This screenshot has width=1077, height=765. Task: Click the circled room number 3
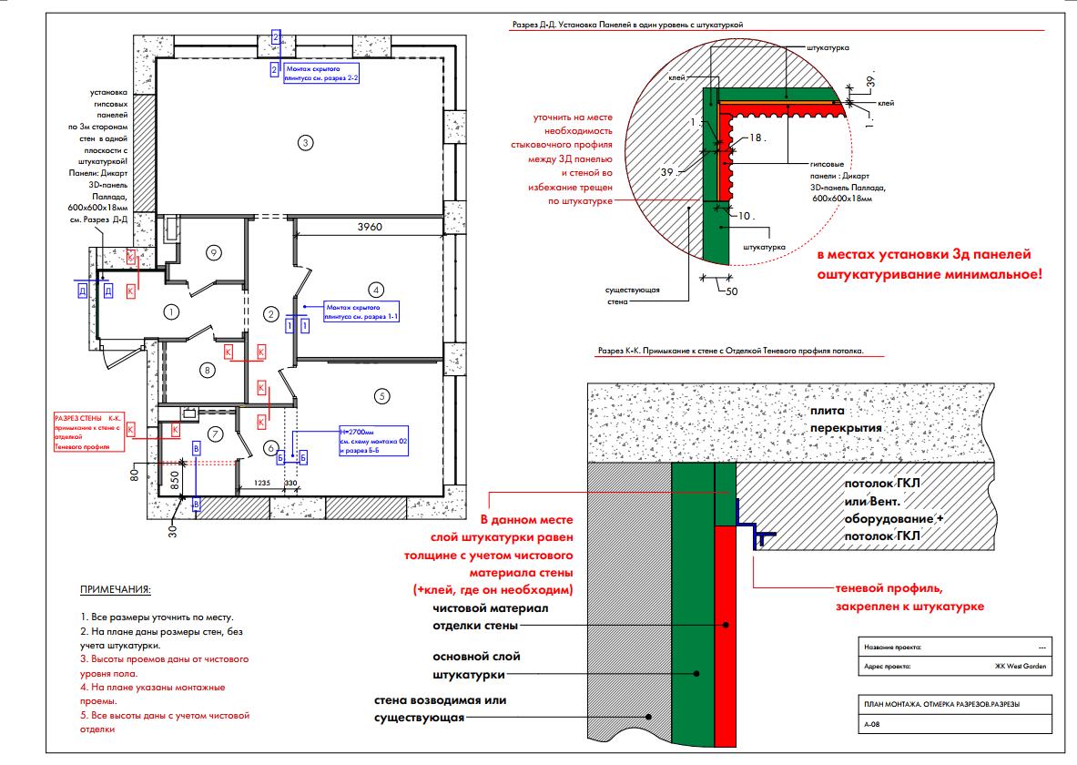(306, 142)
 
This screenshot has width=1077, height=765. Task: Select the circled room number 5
(381, 395)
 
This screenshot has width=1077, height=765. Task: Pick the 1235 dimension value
(261, 483)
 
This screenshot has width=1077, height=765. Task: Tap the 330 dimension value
(291, 483)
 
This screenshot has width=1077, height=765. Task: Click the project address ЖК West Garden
(1021, 667)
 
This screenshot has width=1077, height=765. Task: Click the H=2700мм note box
(372, 441)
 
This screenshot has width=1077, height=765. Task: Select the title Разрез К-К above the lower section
(729, 351)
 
